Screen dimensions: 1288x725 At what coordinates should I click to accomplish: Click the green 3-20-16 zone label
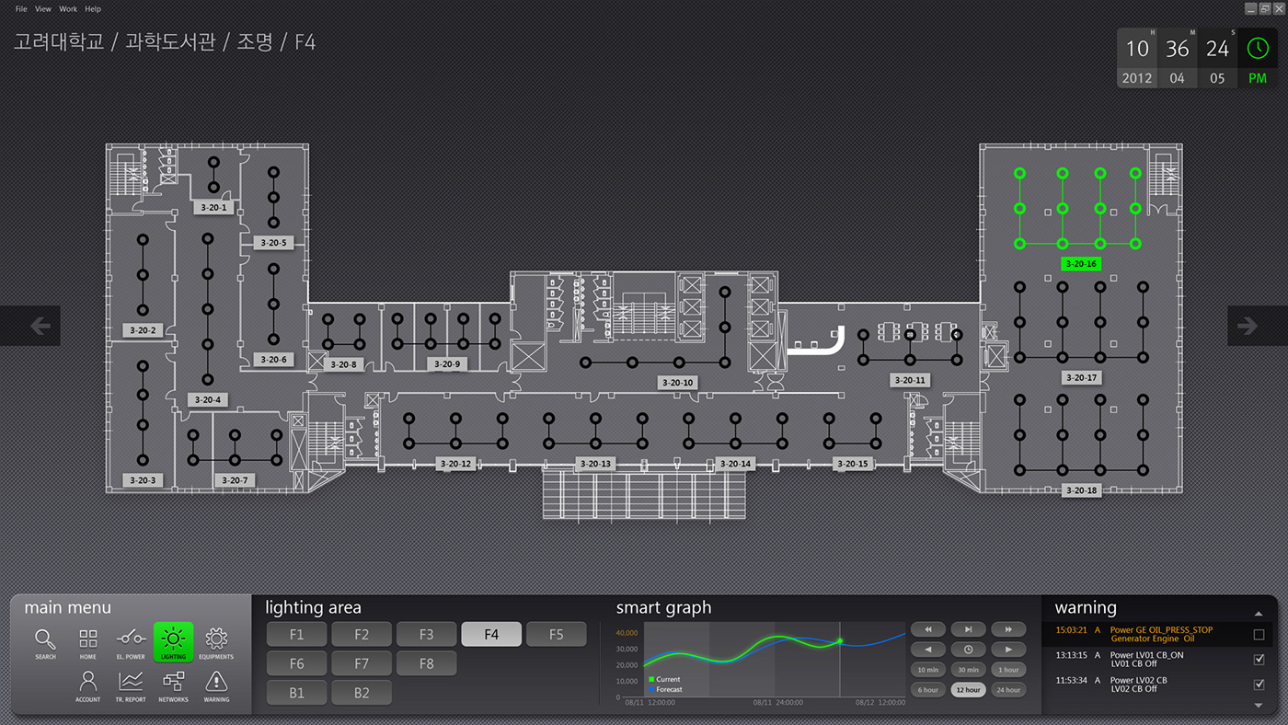[x=1081, y=264]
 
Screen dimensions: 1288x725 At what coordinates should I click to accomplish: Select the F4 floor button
[x=491, y=634]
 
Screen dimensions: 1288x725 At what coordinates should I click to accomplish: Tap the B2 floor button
[x=361, y=693]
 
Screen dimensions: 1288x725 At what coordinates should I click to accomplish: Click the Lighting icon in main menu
[x=173, y=640]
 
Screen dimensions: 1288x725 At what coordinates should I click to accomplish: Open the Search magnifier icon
[x=45, y=640]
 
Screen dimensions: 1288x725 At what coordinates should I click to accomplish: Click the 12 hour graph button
[x=968, y=689]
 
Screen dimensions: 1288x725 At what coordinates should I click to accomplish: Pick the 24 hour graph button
[x=1008, y=689]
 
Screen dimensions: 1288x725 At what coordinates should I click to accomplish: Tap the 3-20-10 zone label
[x=676, y=382]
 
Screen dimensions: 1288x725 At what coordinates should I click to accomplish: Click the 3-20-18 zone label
[x=1081, y=490]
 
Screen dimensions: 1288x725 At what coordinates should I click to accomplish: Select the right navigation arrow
[x=1248, y=326]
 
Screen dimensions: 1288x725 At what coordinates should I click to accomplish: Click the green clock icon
[x=1257, y=48]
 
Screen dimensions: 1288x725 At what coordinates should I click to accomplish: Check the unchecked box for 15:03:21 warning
[x=1259, y=634]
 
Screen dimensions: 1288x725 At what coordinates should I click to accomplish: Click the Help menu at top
[x=93, y=9]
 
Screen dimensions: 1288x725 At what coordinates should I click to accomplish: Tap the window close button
[x=1279, y=8]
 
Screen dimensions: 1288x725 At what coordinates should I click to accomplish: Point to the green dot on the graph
[x=840, y=641]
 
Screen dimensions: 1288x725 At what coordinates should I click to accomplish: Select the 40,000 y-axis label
[x=627, y=633]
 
